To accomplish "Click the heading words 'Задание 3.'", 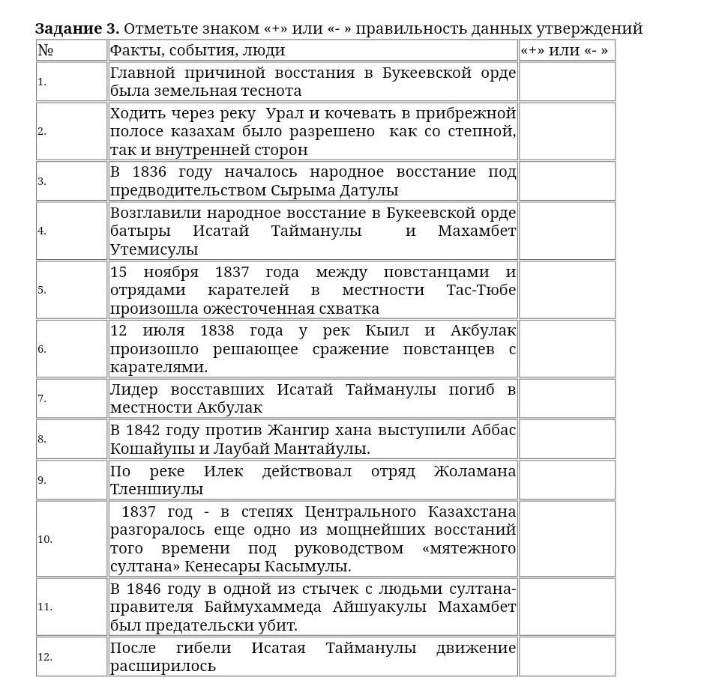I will [76, 28].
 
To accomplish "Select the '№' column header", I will [46, 50].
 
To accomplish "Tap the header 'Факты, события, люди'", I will [197, 50].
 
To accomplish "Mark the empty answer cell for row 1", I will [567, 82].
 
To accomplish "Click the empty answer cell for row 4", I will [567, 231].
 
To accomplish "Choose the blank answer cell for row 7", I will [567, 398].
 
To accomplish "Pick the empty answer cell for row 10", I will [567, 539].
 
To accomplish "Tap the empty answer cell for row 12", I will [567, 657].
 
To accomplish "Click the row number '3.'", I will [42, 181].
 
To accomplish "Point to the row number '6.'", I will [42, 349].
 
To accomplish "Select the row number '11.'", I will [45, 607].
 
